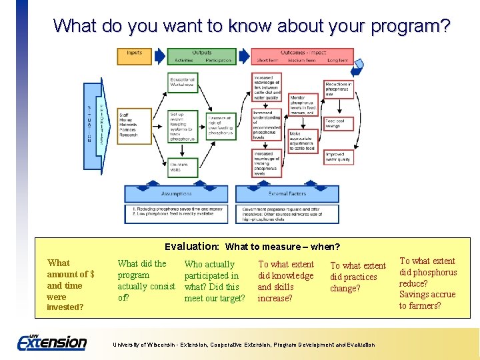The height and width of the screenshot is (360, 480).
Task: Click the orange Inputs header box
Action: pyautogui.click(x=134, y=53)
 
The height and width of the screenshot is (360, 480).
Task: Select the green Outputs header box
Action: pyautogui.click(x=201, y=53)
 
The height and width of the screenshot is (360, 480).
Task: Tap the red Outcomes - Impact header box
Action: pyautogui.click(x=303, y=53)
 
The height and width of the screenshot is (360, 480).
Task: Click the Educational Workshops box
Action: pyautogui.click(x=181, y=81)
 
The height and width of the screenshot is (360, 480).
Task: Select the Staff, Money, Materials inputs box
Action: pyautogui.click(x=131, y=123)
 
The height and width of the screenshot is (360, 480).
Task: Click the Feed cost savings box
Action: pyautogui.click(x=337, y=123)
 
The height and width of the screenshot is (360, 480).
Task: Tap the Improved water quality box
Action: pyautogui.click(x=338, y=157)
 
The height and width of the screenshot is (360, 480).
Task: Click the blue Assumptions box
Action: pyautogui.click(x=176, y=194)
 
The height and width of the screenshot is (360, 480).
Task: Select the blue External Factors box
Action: pyautogui.click(x=287, y=194)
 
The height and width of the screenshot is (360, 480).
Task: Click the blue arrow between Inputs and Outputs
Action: pyautogui.click(x=160, y=56)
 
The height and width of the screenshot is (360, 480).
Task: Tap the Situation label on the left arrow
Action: pyautogui.click(x=89, y=124)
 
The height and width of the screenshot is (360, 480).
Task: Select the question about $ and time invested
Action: pyautogui.click(x=70, y=285)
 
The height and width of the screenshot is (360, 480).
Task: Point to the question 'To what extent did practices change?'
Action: pyautogui.click(x=357, y=277)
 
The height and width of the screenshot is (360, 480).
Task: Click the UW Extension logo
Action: pyautogui.click(x=52, y=342)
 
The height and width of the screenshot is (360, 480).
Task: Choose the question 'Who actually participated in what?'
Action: pyautogui.click(x=213, y=281)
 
